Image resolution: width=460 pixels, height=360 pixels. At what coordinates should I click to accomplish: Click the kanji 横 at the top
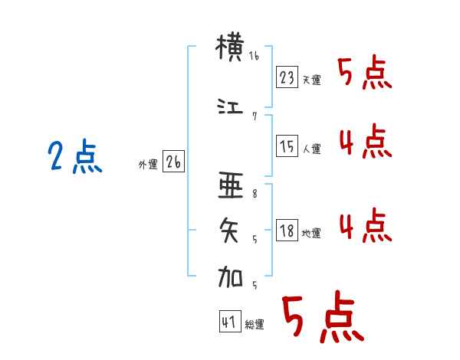[230, 47]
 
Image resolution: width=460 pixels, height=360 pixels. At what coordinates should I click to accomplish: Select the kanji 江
[230, 106]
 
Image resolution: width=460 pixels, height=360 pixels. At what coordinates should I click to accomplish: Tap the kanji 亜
[231, 185]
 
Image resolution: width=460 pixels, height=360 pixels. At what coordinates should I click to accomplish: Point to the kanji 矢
[230, 230]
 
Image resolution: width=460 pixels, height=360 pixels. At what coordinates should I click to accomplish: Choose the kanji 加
[230, 277]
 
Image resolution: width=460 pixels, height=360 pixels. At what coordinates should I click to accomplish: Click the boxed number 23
[287, 77]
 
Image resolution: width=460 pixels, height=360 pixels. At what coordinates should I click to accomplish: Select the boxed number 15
[287, 146]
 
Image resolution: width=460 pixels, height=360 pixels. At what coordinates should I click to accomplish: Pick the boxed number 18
[287, 230]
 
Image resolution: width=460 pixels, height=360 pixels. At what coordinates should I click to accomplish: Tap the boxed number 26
[173, 162]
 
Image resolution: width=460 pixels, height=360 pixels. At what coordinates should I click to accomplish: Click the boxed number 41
[230, 321]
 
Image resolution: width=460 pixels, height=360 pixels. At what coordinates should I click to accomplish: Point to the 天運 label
[312, 80]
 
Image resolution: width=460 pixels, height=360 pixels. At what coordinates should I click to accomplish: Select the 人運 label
[312, 149]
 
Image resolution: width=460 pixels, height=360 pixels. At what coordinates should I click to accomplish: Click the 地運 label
[311, 233]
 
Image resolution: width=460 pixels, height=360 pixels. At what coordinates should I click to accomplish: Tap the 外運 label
[148, 165]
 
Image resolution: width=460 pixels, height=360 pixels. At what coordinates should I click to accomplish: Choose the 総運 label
[255, 324]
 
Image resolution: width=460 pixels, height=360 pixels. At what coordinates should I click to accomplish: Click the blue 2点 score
[75, 156]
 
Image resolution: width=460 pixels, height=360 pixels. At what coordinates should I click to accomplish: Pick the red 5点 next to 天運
[365, 73]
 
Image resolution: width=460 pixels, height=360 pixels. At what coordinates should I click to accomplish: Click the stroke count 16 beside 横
[254, 56]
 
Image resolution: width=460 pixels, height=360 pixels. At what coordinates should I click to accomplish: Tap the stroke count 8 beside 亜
[255, 194]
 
